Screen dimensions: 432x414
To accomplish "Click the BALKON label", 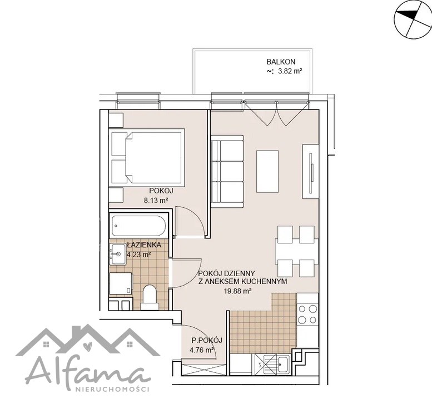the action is (281, 62).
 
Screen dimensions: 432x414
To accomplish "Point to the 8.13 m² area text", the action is (156, 200).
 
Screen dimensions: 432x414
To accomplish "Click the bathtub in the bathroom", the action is (138, 226).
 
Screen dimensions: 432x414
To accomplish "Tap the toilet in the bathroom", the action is (150, 297).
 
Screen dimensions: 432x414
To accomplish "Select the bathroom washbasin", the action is (118, 254).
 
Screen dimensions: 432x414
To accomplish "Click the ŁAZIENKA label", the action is (144, 245).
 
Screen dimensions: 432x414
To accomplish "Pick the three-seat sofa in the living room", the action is (227, 171).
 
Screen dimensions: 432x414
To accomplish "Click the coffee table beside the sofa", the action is (267, 171).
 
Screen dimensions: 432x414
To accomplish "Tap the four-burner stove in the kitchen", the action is (307, 315).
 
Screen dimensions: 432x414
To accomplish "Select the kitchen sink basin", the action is (283, 365).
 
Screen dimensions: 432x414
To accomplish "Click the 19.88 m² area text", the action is (238, 291).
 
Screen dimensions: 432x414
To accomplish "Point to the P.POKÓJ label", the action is (207, 341).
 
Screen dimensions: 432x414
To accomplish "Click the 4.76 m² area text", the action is (202, 350).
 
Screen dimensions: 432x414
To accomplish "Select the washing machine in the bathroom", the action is (121, 283).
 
